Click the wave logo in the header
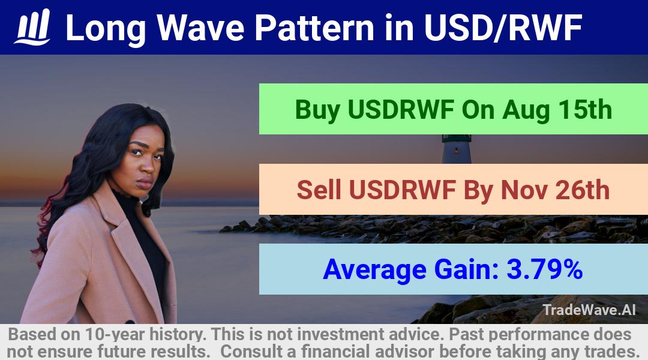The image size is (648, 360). [32, 27]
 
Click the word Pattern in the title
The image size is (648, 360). [314, 28]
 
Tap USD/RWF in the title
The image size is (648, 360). [503, 28]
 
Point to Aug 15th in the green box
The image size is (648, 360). [557, 110]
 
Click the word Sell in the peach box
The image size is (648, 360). [319, 190]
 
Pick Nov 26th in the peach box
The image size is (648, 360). [555, 190]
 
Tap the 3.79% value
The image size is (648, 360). [544, 269]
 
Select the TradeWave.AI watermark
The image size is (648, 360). [589, 310]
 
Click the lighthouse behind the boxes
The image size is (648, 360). [457, 148]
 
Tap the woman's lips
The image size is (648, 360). [144, 182]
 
